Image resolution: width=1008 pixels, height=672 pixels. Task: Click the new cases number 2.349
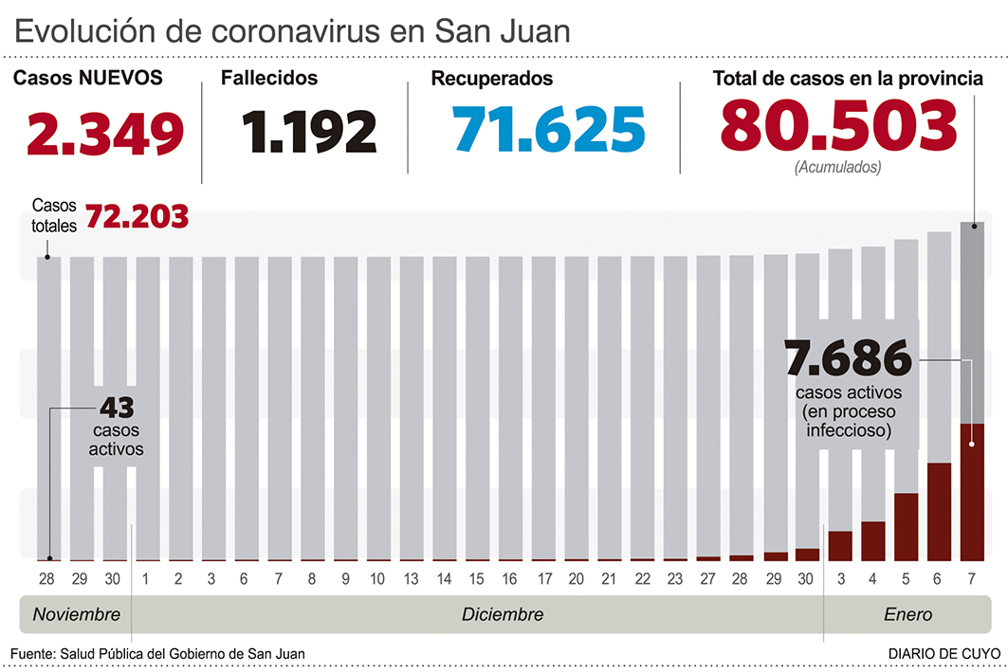point(105,134)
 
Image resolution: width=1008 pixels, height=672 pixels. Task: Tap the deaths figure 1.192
point(308,133)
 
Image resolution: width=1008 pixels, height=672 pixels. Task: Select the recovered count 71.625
point(549,130)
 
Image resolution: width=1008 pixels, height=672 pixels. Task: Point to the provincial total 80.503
point(838,126)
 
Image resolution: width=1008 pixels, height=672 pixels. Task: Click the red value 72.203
point(137,217)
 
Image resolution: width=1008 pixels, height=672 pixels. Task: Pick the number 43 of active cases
point(117,409)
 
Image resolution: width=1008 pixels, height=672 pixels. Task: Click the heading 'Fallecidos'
point(269,79)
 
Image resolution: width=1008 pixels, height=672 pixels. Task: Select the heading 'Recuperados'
point(492,79)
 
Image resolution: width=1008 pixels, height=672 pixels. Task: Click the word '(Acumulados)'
point(838,167)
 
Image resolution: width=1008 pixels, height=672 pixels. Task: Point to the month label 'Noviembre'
point(77,614)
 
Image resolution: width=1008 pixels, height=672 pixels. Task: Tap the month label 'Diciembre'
point(503,614)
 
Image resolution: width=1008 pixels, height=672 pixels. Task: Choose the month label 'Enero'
point(907,614)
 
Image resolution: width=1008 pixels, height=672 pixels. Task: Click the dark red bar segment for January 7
point(972,492)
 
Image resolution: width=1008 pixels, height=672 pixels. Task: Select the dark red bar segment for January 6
point(939,512)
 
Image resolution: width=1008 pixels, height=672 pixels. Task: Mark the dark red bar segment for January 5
point(906,527)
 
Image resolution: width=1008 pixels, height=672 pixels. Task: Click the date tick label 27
point(708,578)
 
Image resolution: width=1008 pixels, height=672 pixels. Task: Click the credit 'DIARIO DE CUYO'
point(941,654)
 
